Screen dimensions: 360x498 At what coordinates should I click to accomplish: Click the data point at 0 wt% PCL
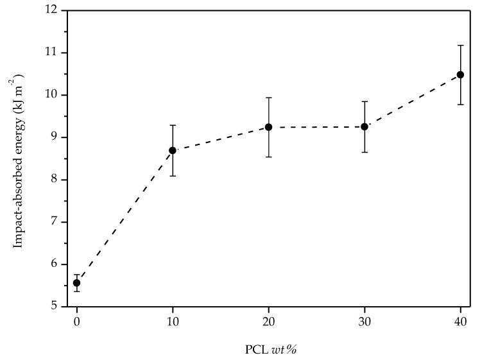(77, 283)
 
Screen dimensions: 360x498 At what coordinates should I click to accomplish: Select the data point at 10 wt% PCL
(173, 150)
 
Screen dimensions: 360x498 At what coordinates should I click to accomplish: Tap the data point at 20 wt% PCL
(269, 127)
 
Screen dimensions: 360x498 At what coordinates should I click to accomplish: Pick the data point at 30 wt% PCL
(365, 126)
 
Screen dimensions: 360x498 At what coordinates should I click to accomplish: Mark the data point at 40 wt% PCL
(460, 74)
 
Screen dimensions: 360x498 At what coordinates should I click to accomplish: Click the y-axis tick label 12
(52, 10)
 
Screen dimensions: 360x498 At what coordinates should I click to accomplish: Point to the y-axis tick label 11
(52, 53)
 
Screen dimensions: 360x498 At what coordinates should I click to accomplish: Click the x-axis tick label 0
(77, 320)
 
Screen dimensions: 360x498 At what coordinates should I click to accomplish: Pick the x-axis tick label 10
(173, 320)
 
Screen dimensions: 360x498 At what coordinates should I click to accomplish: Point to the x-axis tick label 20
(269, 320)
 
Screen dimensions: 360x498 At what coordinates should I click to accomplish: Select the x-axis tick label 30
(365, 320)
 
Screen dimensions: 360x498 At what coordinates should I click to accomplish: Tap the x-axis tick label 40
(460, 320)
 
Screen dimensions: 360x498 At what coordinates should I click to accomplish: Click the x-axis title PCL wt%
(270, 350)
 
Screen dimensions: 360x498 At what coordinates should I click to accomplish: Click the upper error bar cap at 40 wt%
(460, 46)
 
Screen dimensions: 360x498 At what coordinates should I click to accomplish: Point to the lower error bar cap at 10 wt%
(173, 176)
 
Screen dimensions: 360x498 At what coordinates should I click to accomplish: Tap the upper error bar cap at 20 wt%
(269, 98)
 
